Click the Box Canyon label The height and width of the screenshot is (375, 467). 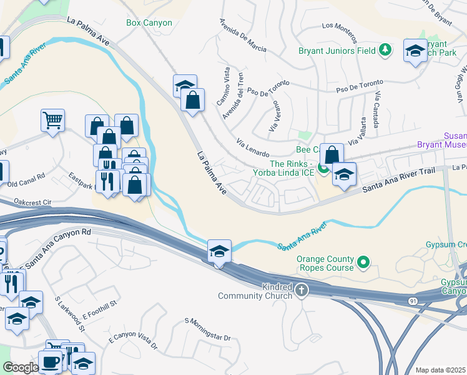(149, 22)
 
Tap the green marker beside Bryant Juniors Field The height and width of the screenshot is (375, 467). (386, 49)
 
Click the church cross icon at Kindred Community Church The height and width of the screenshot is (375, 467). (302, 289)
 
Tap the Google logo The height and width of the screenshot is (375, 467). (21, 367)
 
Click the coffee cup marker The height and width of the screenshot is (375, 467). (50, 362)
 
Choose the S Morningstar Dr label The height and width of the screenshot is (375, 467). (208, 329)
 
